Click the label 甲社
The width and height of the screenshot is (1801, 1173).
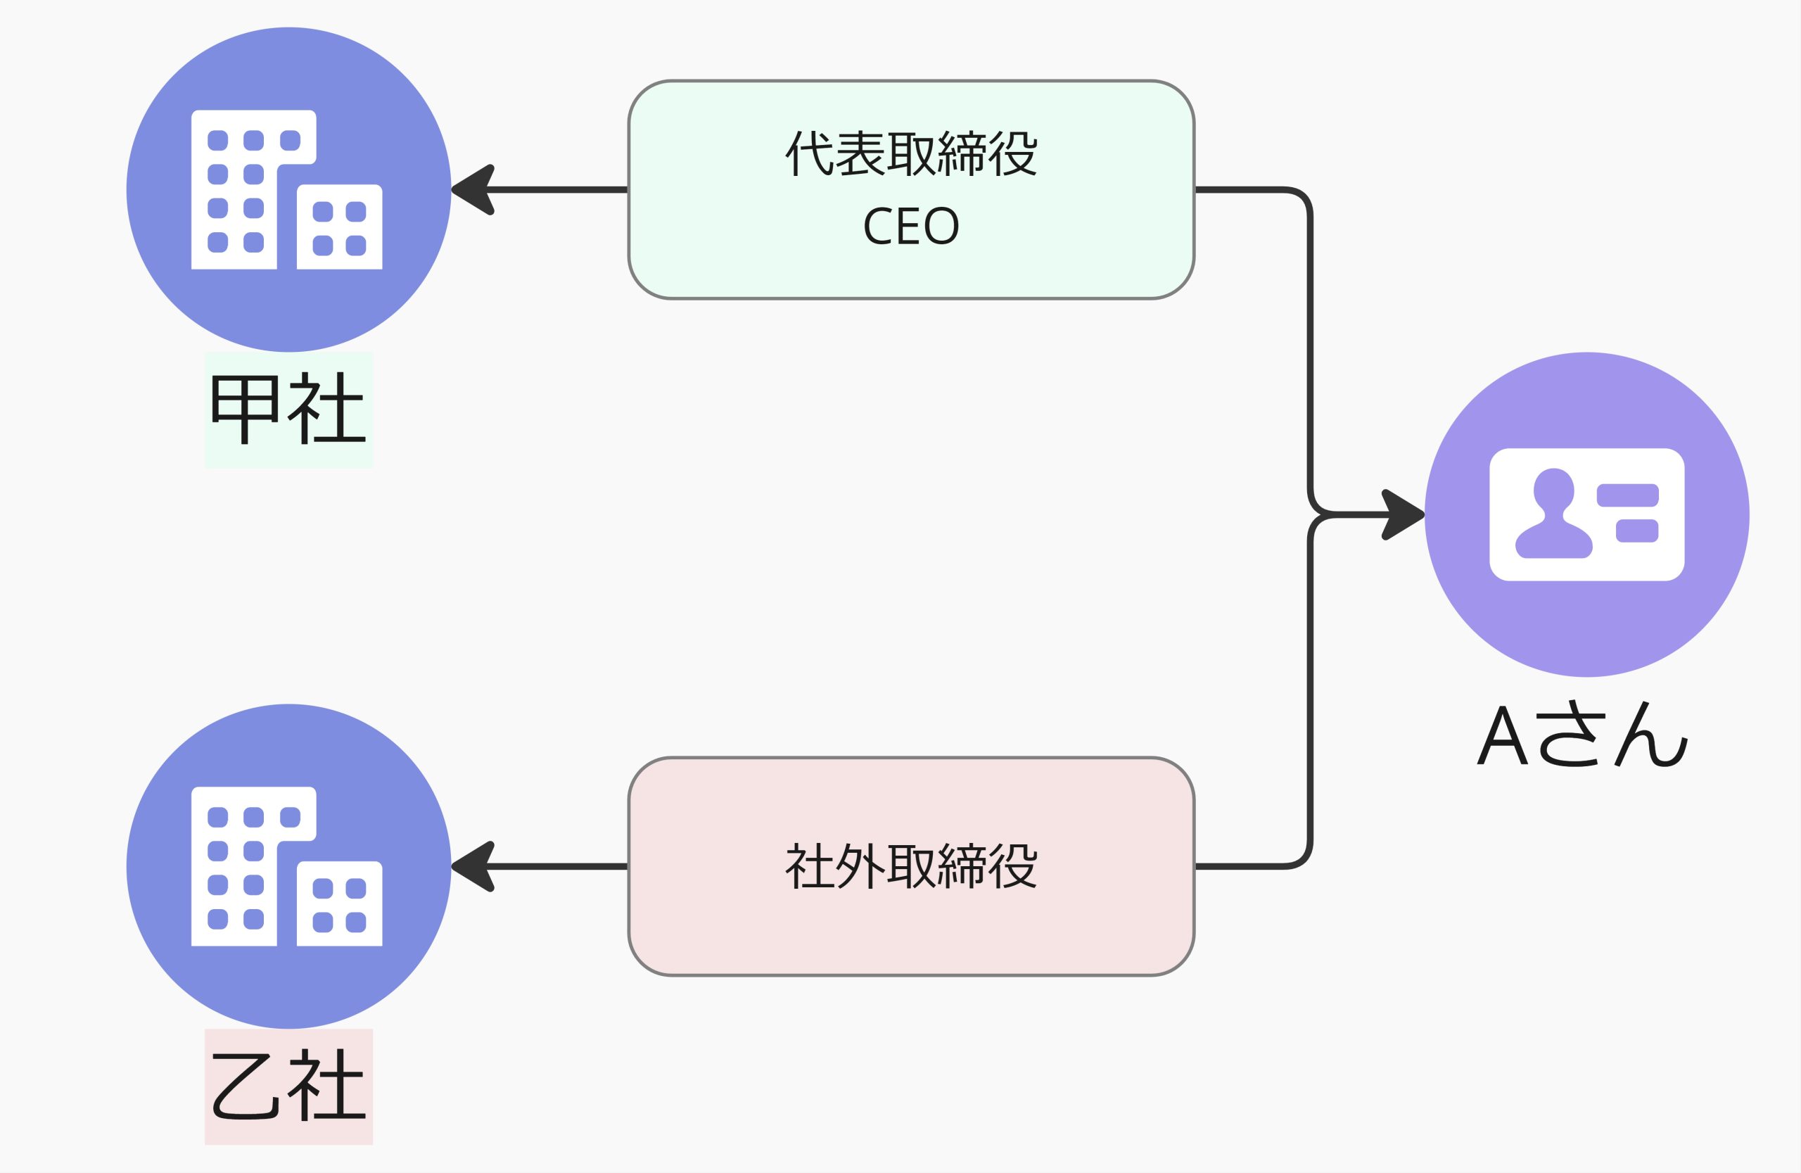coord(288,408)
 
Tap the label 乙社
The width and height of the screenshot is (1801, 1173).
coord(288,1085)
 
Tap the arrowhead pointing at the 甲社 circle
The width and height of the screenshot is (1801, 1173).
coord(473,189)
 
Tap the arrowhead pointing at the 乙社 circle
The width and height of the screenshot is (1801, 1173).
coord(473,866)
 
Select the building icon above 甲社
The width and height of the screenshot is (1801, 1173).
coord(286,189)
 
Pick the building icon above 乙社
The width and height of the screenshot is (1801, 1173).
coord(286,866)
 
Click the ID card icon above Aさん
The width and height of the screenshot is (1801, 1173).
coord(1587,514)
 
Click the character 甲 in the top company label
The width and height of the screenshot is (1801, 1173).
coord(244,408)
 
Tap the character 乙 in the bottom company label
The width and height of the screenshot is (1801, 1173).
coord(244,1085)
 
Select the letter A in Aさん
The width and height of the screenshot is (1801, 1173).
coord(1502,736)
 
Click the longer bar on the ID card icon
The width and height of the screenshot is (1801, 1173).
coord(1628,495)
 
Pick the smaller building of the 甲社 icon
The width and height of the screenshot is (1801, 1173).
coord(339,227)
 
